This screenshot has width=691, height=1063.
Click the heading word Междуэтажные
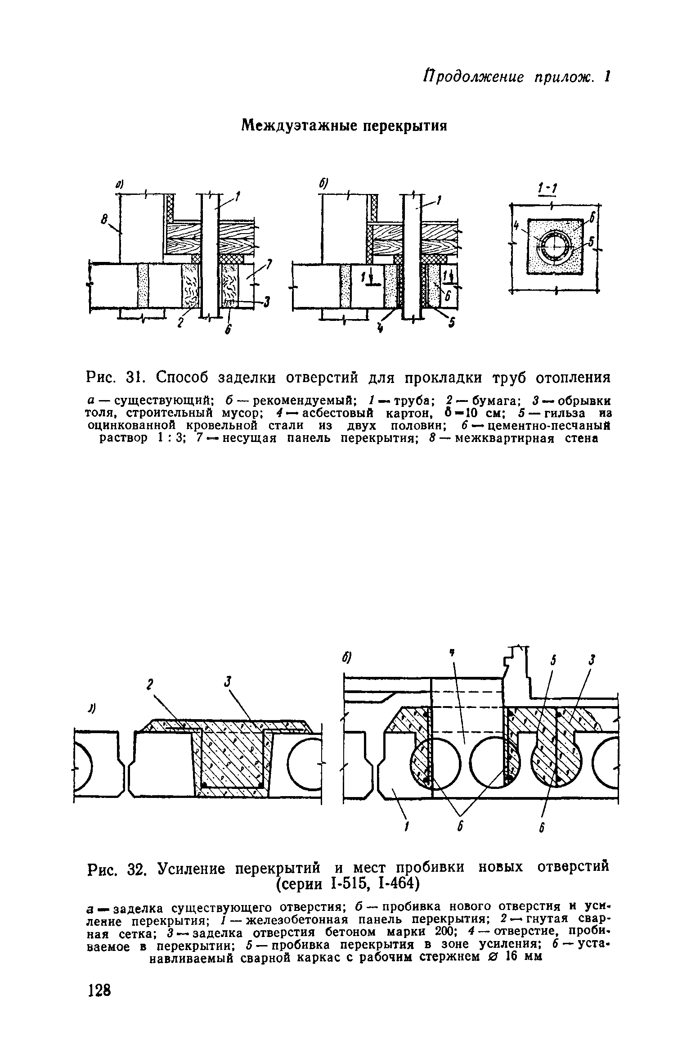pyautogui.click(x=299, y=126)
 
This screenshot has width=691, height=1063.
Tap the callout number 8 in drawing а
pyautogui.click(x=104, y=220)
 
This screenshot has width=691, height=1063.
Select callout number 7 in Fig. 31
pyautogui.click(x=269, y=265)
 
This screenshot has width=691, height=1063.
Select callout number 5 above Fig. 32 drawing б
pyautogui.click(x=554, y=660)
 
